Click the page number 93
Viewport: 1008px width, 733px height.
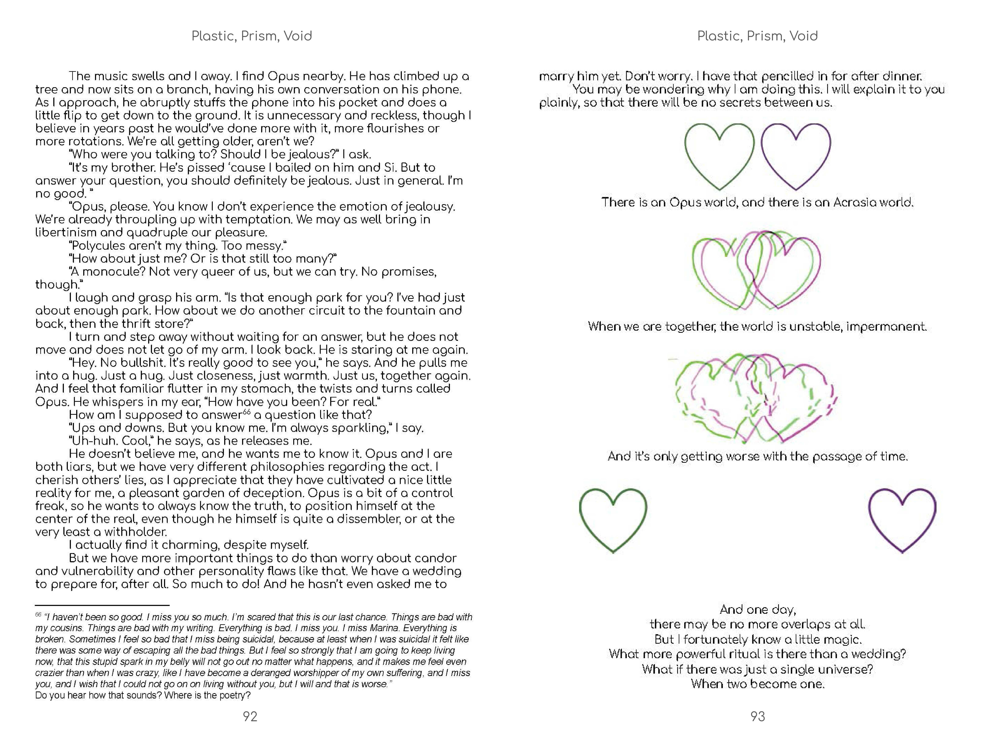coord(758,716)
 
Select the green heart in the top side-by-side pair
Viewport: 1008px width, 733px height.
coord(719,156)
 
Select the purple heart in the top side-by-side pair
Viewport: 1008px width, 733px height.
coord(796,156)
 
